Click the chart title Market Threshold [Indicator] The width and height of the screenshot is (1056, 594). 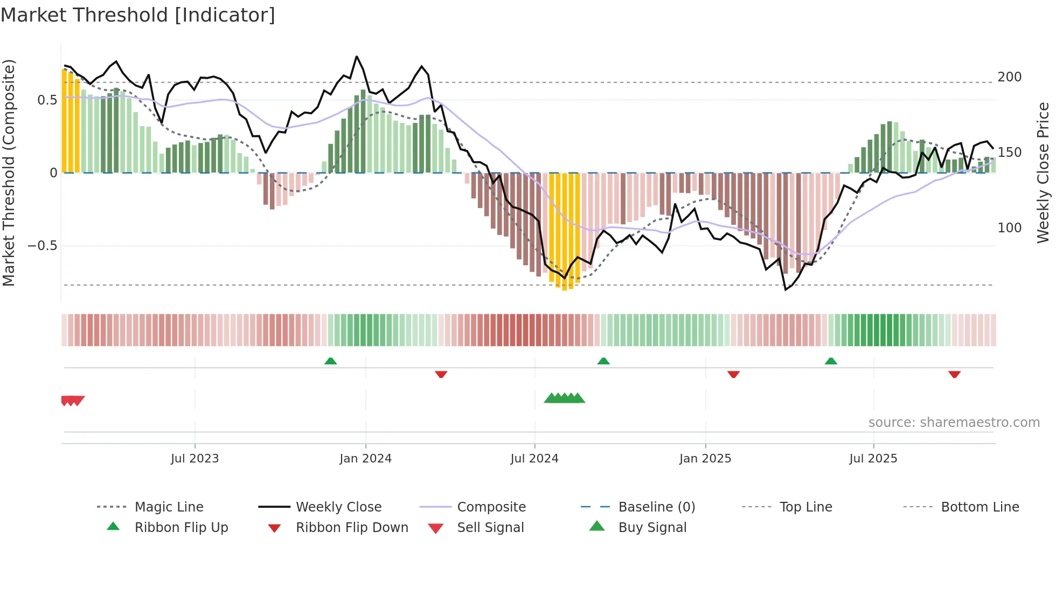tap(138, 15)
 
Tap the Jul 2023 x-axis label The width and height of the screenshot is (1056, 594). tap(194, 459)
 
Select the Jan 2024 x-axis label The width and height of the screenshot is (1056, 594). tap(365, 459)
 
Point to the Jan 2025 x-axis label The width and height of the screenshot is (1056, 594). tap(705, 459)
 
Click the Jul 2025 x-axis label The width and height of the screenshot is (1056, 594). tap(873, 459)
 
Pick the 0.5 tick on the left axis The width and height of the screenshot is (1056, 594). tap(47, 100)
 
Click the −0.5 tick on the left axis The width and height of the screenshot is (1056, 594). tap(42, 246)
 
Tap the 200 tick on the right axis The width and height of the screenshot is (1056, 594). tap(1009, 77)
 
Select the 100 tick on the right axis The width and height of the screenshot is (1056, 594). tap(1009, 228)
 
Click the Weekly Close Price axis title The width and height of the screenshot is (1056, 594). tap(1043, 172)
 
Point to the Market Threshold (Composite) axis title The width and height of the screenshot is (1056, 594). tap(9, 172)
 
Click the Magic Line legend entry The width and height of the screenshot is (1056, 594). tap(169, 507)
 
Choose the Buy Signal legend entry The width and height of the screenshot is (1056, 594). tap(652, 528)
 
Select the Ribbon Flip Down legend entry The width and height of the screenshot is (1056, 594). tap(351, 528)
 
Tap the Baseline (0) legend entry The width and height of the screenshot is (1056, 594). tap(656, 507)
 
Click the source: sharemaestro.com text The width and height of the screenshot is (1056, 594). tap(954, 423)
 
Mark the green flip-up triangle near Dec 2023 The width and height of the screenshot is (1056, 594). tap(330, 361)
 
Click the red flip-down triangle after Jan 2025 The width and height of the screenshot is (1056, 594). tap(733, 374)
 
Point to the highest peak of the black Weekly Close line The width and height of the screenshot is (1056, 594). tap(357, 57)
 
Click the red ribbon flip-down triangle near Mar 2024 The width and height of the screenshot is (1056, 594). tap(441, 374)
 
